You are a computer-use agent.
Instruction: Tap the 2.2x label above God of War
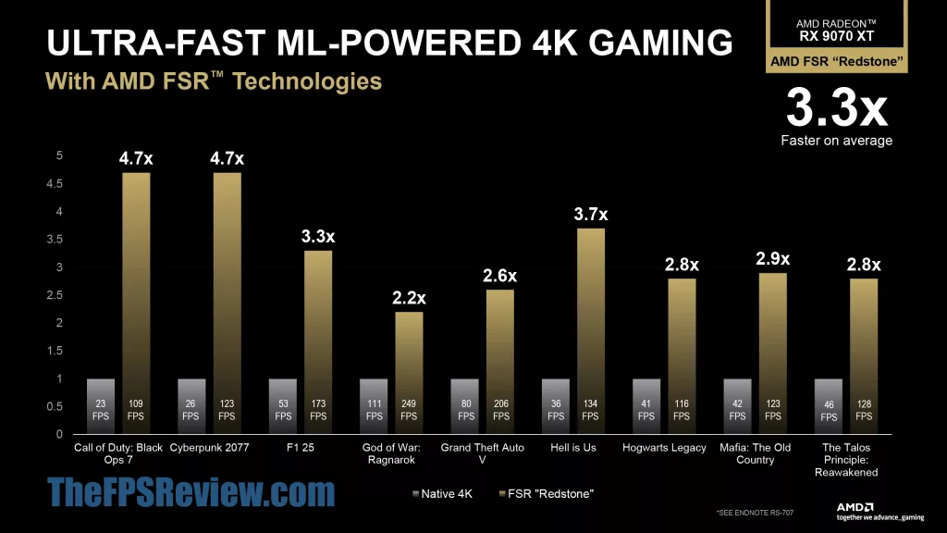point(409,298)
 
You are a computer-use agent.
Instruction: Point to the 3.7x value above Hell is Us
point(590,215)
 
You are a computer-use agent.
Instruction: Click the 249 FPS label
point(409,410)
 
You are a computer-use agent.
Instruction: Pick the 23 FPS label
point(100,410)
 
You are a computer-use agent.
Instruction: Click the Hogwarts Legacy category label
point(663,448)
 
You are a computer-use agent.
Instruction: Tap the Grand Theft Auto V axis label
point(481,453)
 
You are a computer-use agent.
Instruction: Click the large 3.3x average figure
point(836,108)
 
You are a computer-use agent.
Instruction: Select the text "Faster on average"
point(836,141)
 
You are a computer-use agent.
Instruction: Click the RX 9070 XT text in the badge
point(836,37)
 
